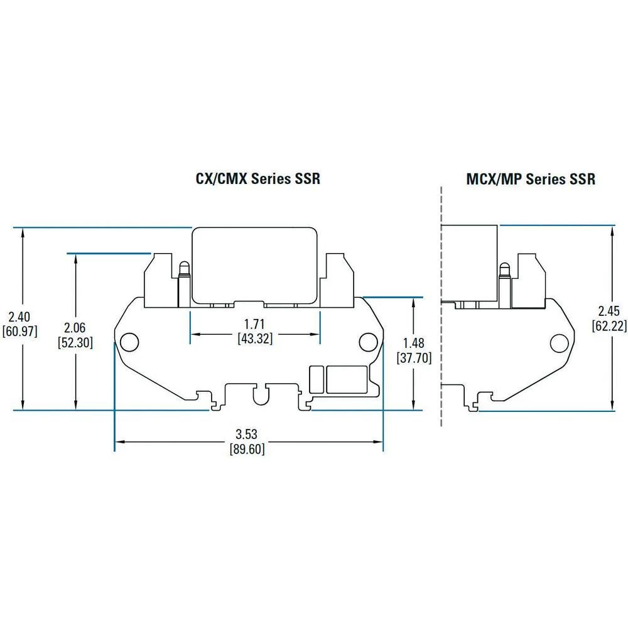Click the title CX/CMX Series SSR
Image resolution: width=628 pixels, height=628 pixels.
click(x=257, y=179)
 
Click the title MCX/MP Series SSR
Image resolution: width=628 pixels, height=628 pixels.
click(x=531, y=179)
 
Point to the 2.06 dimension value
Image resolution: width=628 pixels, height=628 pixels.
click(x=75, y=327)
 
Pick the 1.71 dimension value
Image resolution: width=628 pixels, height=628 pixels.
click(x=255, y=325)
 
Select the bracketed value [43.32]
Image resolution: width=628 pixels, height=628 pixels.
click(x=255, y=339)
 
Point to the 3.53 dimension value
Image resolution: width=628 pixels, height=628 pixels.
click(x=248, y=434)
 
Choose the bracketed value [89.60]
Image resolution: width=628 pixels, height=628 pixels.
click(x=248, y=449)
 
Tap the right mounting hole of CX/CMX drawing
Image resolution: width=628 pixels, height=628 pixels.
click(x=367, y=342)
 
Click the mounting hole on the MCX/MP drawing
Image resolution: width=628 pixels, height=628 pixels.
click(x=558, y=343)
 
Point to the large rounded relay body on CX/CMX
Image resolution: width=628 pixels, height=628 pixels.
click(x=254, y=264)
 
